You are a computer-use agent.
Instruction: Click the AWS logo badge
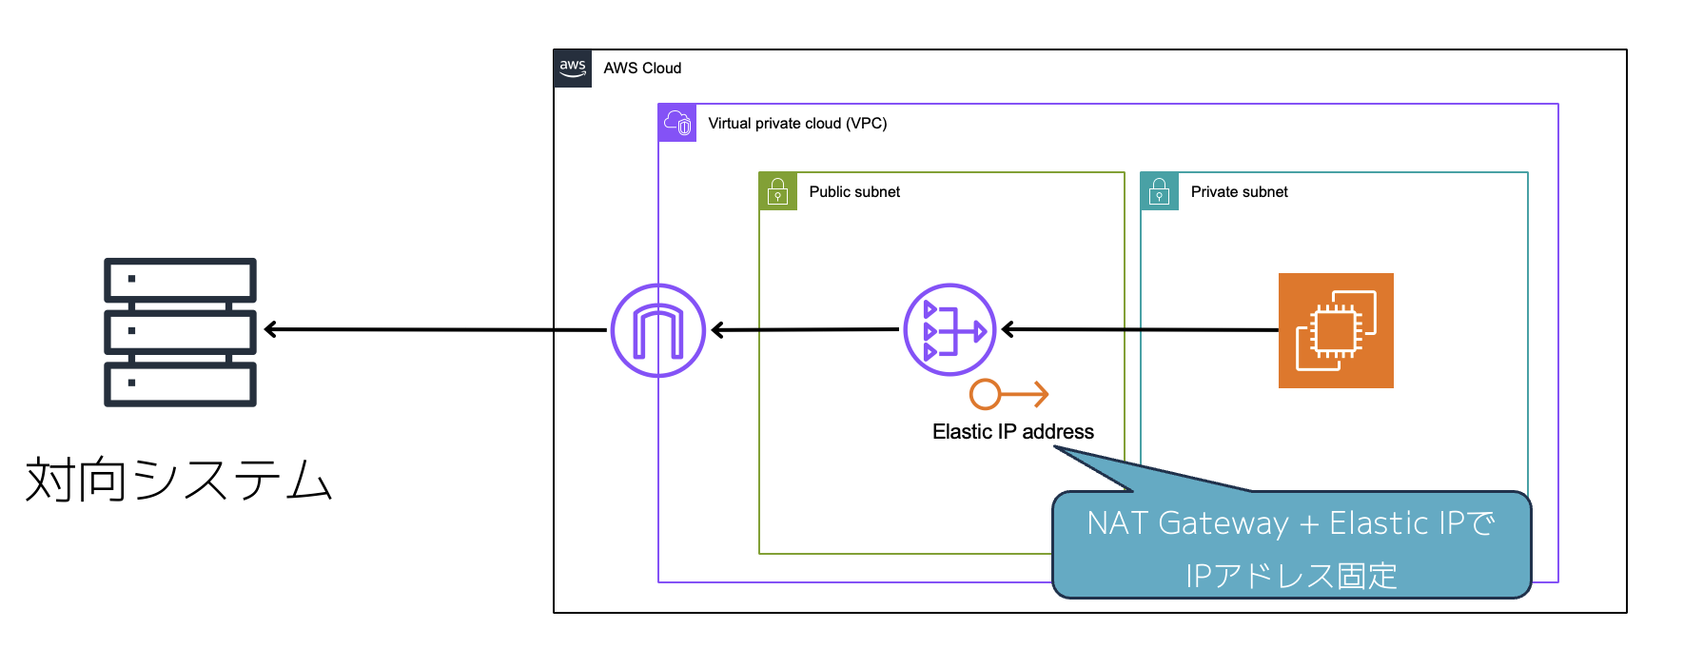coord(573,69)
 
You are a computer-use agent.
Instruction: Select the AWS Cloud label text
coord(642,69)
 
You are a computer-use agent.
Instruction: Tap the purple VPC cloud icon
coord(677,123)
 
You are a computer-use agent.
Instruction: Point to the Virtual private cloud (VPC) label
coord(797,124)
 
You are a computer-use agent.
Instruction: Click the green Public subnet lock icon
coord(777,191)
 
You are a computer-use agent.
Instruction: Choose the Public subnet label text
coord(854,192)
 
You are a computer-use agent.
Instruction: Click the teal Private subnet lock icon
coord(1159,191)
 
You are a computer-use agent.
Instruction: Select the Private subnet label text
coord(1239,192)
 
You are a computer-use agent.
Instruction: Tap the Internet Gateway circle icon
coord(657,330)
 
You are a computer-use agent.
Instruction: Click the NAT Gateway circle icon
coord(949,330)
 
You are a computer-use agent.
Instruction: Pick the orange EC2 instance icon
coord(1336,330)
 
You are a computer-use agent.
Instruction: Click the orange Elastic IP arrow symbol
coord(1008,394)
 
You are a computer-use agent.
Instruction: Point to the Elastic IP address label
coord(1012,432)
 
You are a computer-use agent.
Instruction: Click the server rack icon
coord(180,332)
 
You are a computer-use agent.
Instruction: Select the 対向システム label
coord(179,479)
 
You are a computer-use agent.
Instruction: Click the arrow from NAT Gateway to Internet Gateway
coord(805,330)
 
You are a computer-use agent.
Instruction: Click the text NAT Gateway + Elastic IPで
coord(1291,523)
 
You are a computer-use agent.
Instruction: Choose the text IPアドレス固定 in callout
coord(1291,576)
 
